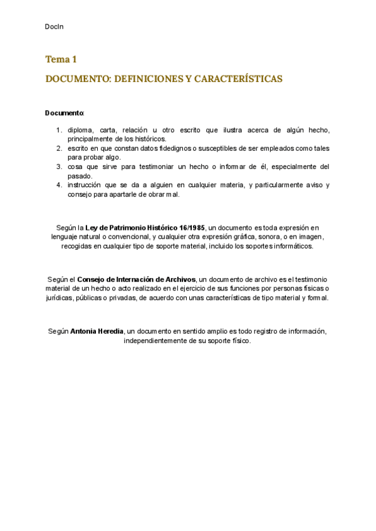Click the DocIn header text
(55, 26)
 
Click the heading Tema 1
(61, 59)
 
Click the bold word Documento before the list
(64, 113)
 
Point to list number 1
(59, 130)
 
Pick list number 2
(59, 148)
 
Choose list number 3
(59, 167)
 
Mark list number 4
(59, 185)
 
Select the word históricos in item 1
(149, 139)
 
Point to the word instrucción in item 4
(86, 185)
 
